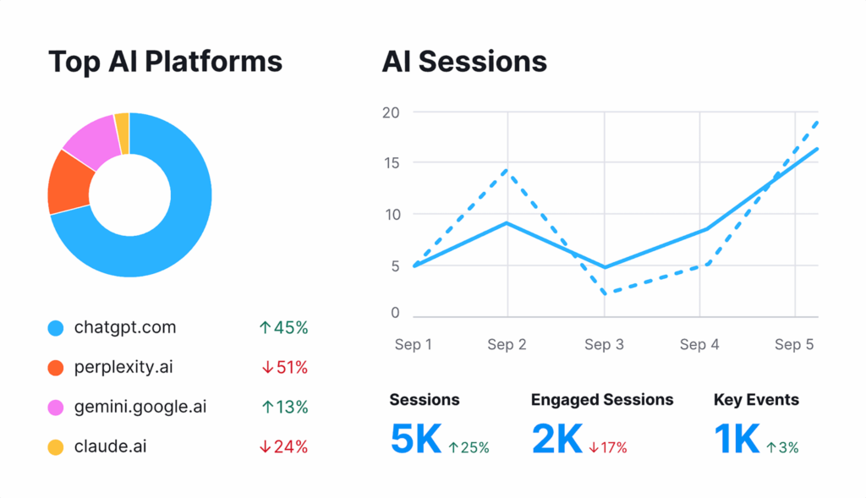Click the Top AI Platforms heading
165,62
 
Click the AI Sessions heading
464,62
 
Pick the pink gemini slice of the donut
91,140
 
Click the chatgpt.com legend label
125,327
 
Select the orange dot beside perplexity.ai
56,368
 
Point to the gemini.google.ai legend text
140,407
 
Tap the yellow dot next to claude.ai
56,446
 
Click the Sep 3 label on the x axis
604,345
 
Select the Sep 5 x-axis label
794,345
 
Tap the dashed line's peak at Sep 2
507,171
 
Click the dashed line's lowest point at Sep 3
604,293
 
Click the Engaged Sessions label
602,400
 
